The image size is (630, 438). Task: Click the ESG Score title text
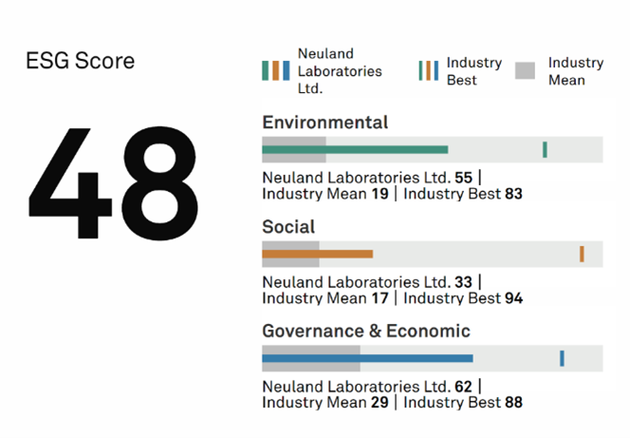click(81, 62)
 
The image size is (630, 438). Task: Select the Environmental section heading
click(324, 123)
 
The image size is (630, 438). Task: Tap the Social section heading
click(288, 227)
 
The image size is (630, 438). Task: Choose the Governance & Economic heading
click(365, 332)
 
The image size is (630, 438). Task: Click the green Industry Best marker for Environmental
click(545, 149)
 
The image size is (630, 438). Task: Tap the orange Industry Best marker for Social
click(582, 254)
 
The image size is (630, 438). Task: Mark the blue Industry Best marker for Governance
click(562, 358)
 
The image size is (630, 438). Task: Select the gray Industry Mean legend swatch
click(526, 71)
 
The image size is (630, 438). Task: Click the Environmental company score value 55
click(464, 177)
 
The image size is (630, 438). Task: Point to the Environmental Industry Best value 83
click(513, 194)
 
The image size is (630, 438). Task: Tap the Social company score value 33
click(464, 281)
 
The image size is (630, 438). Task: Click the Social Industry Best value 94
click(513, 298)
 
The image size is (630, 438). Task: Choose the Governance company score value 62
click(464, 386)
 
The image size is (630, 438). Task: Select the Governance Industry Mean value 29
click(380, 403)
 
